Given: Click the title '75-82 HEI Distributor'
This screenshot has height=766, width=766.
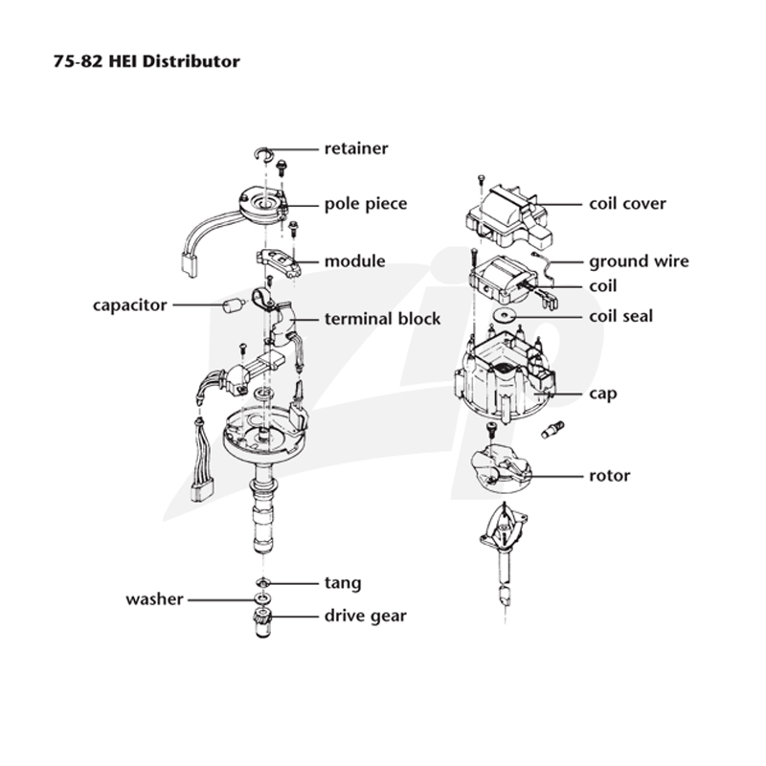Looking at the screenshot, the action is tap(146, 61).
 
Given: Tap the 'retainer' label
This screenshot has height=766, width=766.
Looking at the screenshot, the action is tap(356, 148).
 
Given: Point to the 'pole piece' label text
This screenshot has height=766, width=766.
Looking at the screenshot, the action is tap(366, 204).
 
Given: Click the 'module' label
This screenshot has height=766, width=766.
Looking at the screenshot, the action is tap(354, 260).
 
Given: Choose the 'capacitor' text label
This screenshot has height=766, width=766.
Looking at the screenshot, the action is tap(130, 305).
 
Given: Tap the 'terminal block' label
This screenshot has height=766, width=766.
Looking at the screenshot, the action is tap(382, 319).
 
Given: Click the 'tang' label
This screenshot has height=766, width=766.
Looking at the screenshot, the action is tap(343, 583).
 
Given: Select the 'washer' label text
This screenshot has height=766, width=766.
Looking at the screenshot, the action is tap(154, 599).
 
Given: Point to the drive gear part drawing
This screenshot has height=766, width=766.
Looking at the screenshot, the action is tap(262, 623).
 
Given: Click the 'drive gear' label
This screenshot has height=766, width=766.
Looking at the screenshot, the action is tap(366, 616).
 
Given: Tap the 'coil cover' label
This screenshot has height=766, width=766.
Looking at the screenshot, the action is tap(627, 204).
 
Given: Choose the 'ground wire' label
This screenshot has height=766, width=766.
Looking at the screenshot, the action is tap(639, 261).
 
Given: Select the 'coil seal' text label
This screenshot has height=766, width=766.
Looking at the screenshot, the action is tap(620, 317).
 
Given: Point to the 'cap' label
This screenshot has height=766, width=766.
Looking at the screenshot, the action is tap(603, 394).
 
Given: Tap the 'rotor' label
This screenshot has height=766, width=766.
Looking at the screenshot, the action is tap(610, 476).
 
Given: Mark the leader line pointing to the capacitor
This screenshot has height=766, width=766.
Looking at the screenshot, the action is tap(197, 304).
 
